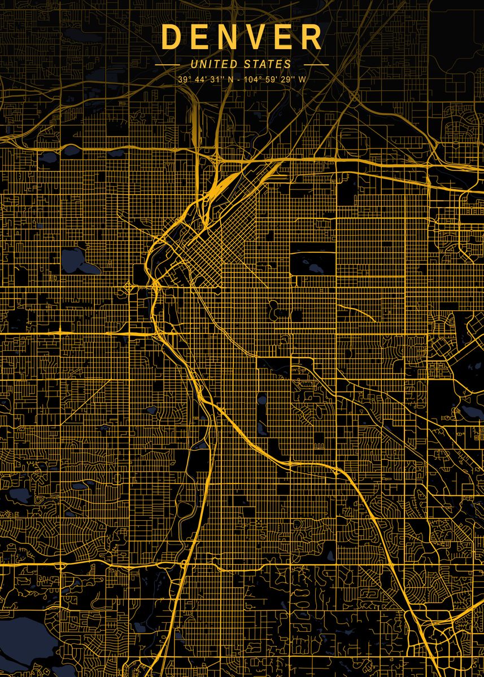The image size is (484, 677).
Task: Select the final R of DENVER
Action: pyautogui.click(x=312, y=37)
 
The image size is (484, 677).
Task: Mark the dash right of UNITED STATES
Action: pyautogui.click(x=316, y=64)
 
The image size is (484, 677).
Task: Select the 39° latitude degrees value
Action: pyautogui.click(x=184, y=80)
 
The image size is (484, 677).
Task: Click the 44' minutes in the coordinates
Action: pyautogui.click(x=200, y=80)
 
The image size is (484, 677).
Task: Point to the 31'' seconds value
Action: pyautogui.click(x=216, y=80)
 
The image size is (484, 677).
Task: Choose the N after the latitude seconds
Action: pyautogui.click(x=229, y=80)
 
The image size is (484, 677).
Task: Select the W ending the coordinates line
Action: pyautogui.click(x=302, y=80)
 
